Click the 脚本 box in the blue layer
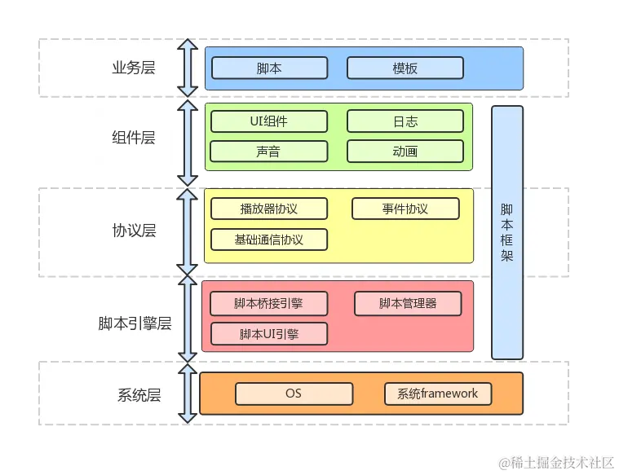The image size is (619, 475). [x=268, y=68]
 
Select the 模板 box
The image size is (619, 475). [x=405, y=68]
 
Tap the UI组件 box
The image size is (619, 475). [x=268, y=121]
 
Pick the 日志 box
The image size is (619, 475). [x=405, y=121]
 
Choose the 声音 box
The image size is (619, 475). [x=268, y=151]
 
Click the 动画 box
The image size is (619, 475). [x=405, y=151]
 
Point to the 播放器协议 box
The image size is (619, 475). [x=268, y=209]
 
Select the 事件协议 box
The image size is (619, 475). [x=405, y=209]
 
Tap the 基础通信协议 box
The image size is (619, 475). [x=268, y=240]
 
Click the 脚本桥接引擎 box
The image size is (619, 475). [x=268, y=304]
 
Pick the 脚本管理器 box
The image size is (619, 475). [x=408, y=304]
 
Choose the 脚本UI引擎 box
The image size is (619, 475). [x=268, y=334]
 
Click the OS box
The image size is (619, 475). [x=294, y=394]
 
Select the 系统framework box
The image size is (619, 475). [x=438, y=394]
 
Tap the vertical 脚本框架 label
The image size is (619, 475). [x=506, y=231]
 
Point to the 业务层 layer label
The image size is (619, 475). [x=134, y=68]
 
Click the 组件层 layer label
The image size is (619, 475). [x=134, y=137]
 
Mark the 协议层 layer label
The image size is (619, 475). [x=134, y=231]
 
